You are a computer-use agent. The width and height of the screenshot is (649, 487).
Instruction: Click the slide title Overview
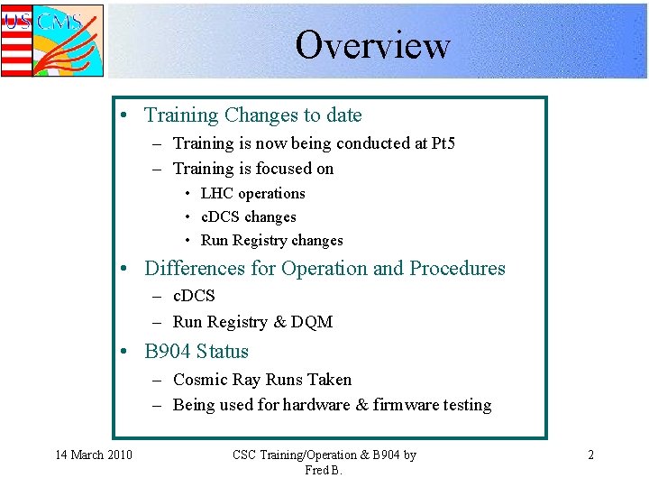click(x=372, y=44)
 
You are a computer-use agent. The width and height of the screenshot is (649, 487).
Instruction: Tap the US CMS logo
click(x=51, y=40)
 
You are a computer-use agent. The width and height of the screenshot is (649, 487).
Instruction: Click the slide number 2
click(x=590, y=455)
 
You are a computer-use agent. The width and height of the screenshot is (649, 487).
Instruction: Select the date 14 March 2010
click(x=93, y=455)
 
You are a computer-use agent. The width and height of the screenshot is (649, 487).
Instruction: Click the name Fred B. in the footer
click(x=324, y=471)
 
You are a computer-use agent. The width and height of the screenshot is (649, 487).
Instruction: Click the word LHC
click(x=217, y=193)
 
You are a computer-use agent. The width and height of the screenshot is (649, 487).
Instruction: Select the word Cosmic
click(x=200, y=380)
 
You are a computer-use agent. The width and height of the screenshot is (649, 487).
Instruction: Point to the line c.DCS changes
click(x=248, y=216)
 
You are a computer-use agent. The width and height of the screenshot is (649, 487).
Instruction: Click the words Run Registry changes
click(x=271, y=240)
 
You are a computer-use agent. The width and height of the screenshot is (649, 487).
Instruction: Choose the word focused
click(x=283, y=169)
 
